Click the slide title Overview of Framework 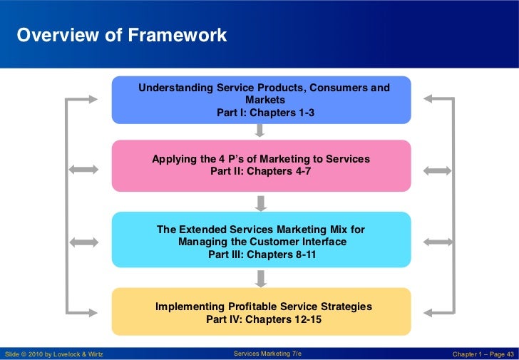tap(122, 35)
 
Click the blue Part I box tap(261, 100)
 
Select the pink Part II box tap(261, 165)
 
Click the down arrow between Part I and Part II tap(260, 130)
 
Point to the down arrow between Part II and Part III tap(261, 202)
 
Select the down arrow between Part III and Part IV tap(261, 277)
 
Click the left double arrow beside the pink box tap(83, 170)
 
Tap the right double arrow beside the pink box tap(437, 170)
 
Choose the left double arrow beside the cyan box tap(83, 242)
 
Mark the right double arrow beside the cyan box tap(437, 242)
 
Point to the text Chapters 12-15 tap(284, 319)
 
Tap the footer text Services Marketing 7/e tap(267, 354)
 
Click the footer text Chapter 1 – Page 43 tap(483, 354)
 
